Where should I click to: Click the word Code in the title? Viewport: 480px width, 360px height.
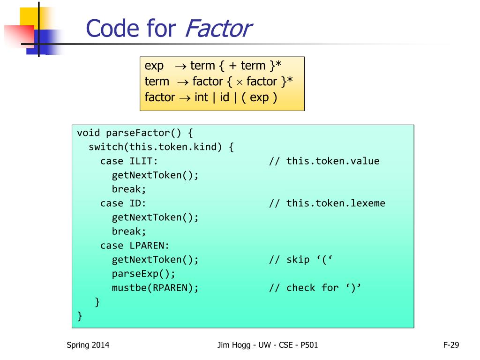[x=111, y=29]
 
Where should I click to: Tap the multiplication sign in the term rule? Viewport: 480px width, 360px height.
[x=239, y=82]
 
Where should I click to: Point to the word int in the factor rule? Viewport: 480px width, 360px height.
[x=201, y=97]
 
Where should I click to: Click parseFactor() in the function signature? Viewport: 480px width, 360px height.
[x=141, y=133]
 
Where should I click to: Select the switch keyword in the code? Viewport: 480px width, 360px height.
[x=106, y=147]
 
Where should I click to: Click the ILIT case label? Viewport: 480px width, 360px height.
[x=143, y=161]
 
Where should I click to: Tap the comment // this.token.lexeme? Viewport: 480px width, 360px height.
[x=327, y=203]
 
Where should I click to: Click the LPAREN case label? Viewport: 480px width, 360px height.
[x=149, y=246]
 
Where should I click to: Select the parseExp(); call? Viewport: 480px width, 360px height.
[x=143, y=274]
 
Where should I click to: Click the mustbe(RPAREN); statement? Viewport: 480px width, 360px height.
[x=155, y=288]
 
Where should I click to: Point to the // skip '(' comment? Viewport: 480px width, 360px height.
[x=300, y=260]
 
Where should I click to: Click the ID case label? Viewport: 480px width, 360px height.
[x=138, y=203]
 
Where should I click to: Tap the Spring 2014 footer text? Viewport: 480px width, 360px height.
[x=88, y=345]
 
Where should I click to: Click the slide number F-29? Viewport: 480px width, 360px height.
[x=451, y=345]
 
